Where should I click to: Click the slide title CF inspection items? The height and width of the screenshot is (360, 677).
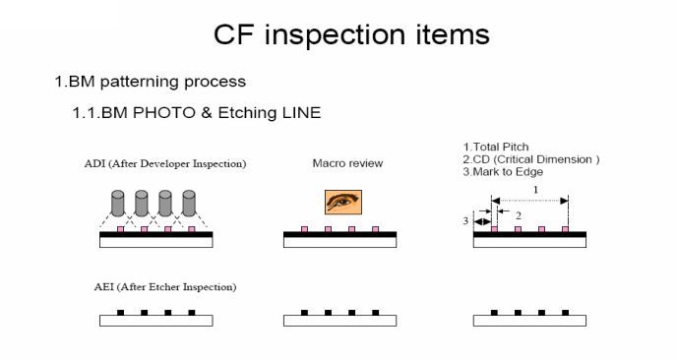coord(351,35)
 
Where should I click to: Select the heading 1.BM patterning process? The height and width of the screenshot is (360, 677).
coord(150,81)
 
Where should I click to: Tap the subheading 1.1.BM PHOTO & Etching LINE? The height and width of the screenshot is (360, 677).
coord(196,113)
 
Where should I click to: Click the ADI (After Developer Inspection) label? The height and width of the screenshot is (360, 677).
coord(165,163)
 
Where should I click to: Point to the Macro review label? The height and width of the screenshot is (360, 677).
coord(339,163)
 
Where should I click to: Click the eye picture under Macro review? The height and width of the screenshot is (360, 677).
coord(339,204)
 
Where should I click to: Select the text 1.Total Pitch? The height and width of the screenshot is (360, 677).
coord(497,147)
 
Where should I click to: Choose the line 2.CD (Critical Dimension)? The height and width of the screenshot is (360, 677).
coord(530,159)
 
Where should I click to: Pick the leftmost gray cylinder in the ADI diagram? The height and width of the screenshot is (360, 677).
coord(119,205)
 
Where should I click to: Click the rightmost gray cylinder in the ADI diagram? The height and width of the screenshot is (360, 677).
coord(190,205)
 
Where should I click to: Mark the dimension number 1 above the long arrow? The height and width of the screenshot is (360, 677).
coord(534,189)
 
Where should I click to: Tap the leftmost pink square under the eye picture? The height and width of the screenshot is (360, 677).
coord(304,229)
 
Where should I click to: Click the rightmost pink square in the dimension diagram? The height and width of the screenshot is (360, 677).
coord(566,229)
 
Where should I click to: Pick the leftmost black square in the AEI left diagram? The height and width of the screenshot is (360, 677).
coord(120,313)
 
